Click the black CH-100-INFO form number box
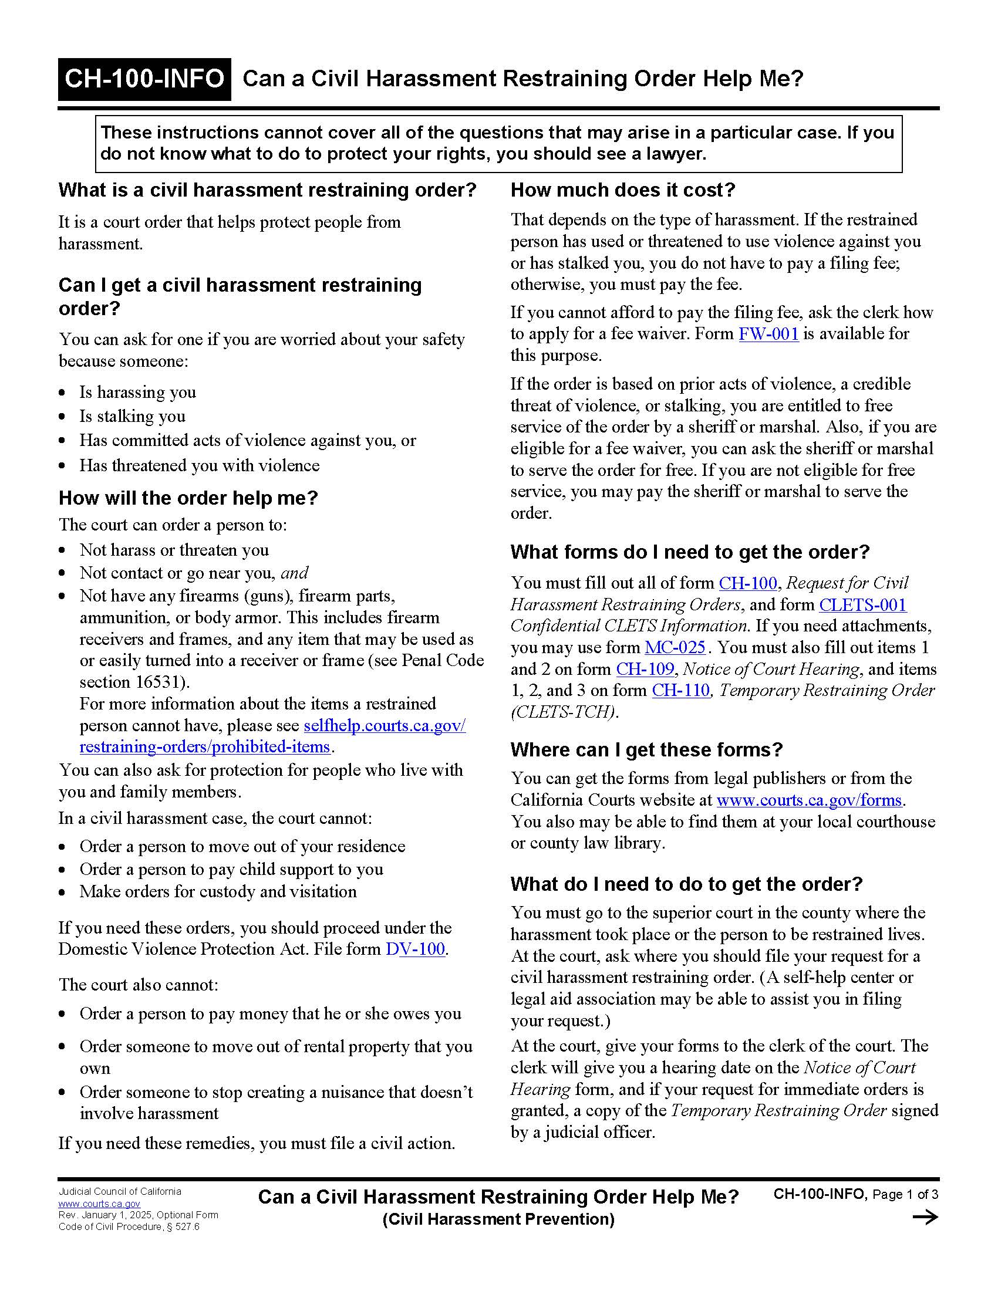(144, 79)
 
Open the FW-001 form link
(768, 334)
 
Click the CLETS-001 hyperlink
(862, 604)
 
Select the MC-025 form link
(675, 647)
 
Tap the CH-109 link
(645, 669)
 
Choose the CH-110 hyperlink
(680, 691)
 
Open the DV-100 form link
(415, 949)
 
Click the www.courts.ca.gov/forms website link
(809, 800)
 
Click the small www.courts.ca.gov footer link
(99, 1204)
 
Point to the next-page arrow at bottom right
(925, 1217)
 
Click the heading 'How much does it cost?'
(622, 190)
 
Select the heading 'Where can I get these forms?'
(646, 749)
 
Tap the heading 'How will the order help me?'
(188, 498)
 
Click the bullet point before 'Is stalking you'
(63, 417)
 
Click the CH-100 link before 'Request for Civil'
(747, 583)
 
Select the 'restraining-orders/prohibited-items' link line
(204, 747)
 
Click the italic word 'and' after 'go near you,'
(295, 573)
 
